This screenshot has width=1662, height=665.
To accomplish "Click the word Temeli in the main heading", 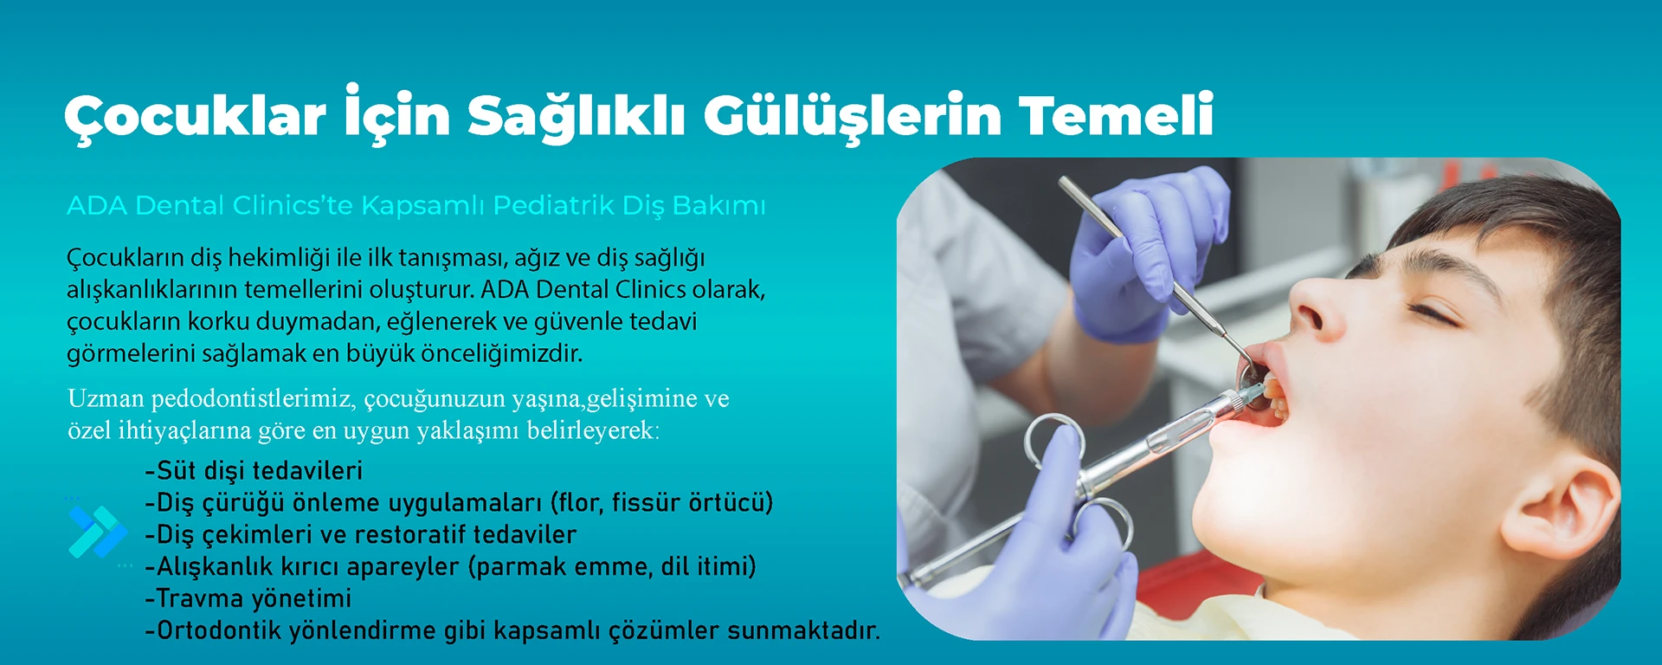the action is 1116,115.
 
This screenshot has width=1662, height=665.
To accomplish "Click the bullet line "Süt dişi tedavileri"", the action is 254,470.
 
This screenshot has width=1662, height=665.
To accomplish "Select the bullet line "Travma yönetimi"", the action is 248,598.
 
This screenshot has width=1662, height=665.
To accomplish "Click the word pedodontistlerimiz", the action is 253,399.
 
